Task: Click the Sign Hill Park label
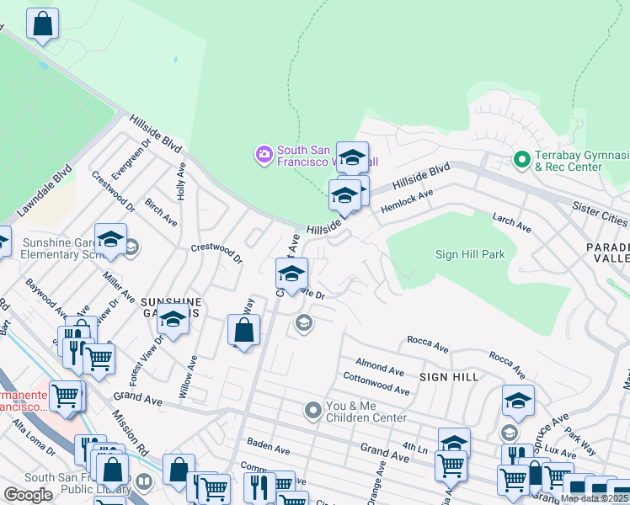click(x=470, y=254)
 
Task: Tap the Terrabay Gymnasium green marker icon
click(x=521, y=158)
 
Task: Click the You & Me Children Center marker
click(x=313, y=410)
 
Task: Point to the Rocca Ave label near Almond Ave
click(x=427, y=343)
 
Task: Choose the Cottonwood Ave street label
click(x=376, y=385)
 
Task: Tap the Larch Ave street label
click(x=512, y=223)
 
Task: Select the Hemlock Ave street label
click(x=406, y=200)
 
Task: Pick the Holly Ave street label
click(x=181, y=181)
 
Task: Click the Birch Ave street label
click(x=160, y=213)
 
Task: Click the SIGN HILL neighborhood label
click(x=449, y=377)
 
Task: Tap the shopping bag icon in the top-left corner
click(x=43, y=24)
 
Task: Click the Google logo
click(x=28, y=495)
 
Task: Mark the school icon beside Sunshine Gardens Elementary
click(x=110, y=241)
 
